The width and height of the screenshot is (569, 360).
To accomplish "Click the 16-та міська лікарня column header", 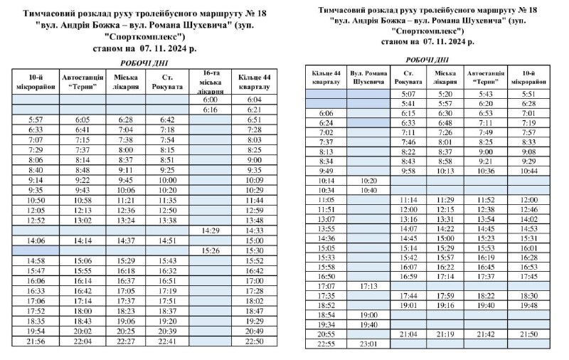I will (210, 82).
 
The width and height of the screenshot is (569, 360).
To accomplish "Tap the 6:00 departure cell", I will (210, 100).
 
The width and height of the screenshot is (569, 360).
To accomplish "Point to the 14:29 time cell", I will (210, 231).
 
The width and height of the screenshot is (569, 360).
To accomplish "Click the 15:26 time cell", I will (210, 251).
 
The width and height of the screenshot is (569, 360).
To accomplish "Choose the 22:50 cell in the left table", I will (254, 341).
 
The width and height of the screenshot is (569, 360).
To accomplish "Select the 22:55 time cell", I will (326, 344).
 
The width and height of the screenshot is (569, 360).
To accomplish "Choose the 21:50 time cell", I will (528, 334).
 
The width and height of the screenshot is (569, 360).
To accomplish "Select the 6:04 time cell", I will (254, 100).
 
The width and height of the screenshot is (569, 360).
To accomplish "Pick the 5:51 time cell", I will (528, 94).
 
